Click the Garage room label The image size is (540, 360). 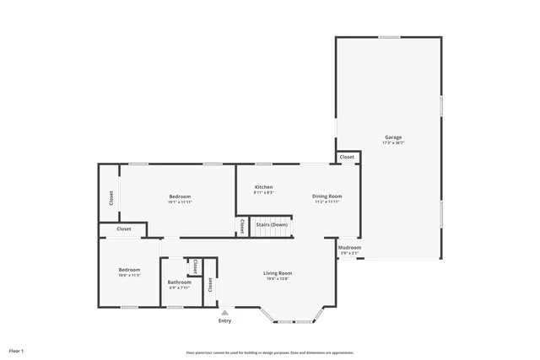(x=393, y=137)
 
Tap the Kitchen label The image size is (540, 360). (x=264, y=186)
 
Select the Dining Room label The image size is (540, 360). (x=327, y=196)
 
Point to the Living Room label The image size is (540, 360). (x=278, y=273)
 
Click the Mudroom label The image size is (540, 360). (x=349, y=247)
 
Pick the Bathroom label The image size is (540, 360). (x=179, y=282)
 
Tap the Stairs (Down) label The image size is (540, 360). (x=273, y=224)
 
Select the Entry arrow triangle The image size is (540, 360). (x=224, y=312)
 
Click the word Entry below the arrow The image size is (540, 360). (x=224, y=320)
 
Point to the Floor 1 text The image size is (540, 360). (x=17, y=350)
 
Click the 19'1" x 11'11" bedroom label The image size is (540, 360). (x=180, y=201)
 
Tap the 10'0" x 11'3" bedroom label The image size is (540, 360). (x=129, y=275)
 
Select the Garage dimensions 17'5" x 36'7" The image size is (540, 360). (x=393, y=142)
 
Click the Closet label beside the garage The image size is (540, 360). (x=347, y=157)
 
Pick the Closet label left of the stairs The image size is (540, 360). (x=242, y=226)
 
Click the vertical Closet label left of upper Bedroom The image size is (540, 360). (x=110, y=198)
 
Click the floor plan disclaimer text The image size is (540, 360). (x=270, y=352)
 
